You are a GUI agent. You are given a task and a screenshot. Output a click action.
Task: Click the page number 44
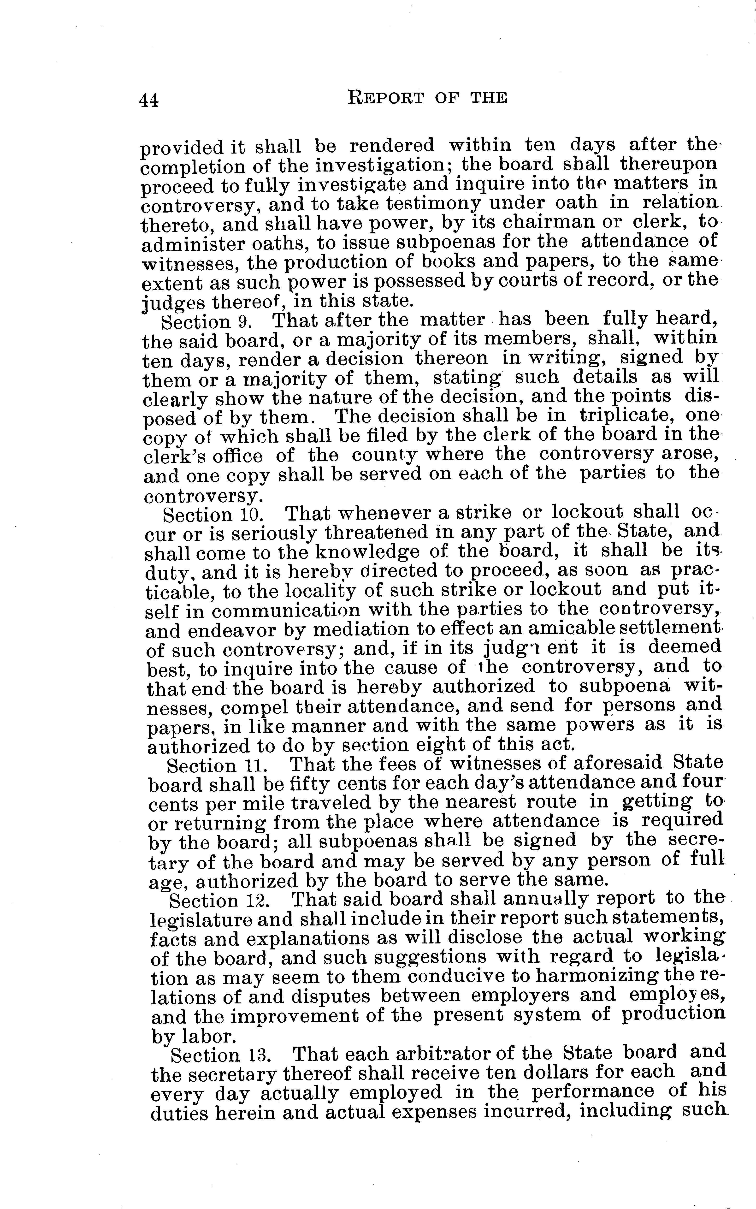coord(149,100)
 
